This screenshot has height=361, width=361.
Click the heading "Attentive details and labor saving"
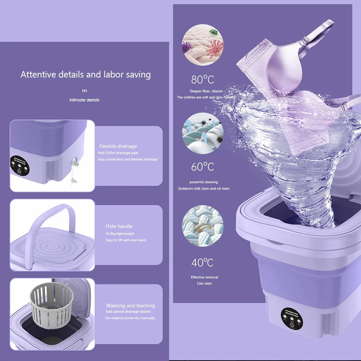pyautogui.click(x=85, y=75)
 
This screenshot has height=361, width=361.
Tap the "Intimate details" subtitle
pyautogui.click(x=84, y=100)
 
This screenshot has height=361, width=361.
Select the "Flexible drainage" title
pyautogui.click(x=118, y=146)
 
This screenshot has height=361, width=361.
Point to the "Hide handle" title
pyautogui.click(x=119, y=226)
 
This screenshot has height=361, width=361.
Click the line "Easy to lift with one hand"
pyautogui.click(x=126, y=240)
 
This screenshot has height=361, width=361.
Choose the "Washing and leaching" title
pyautogui.click(x=130, y=305)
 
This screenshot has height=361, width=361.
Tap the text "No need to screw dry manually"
pyautogui.click(x=130, y=318)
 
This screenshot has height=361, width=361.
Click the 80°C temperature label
pyautogui.click(x=202, y=79)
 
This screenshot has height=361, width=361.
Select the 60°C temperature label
pyautogui.click(x=202, y=167)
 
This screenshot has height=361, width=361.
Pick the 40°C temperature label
pyautogui.click(x=202, y=263)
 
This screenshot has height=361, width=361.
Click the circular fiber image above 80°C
pyautogui.click(x=203, y=45)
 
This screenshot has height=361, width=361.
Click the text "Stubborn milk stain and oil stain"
pyautogui.click(x=203, y=189)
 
